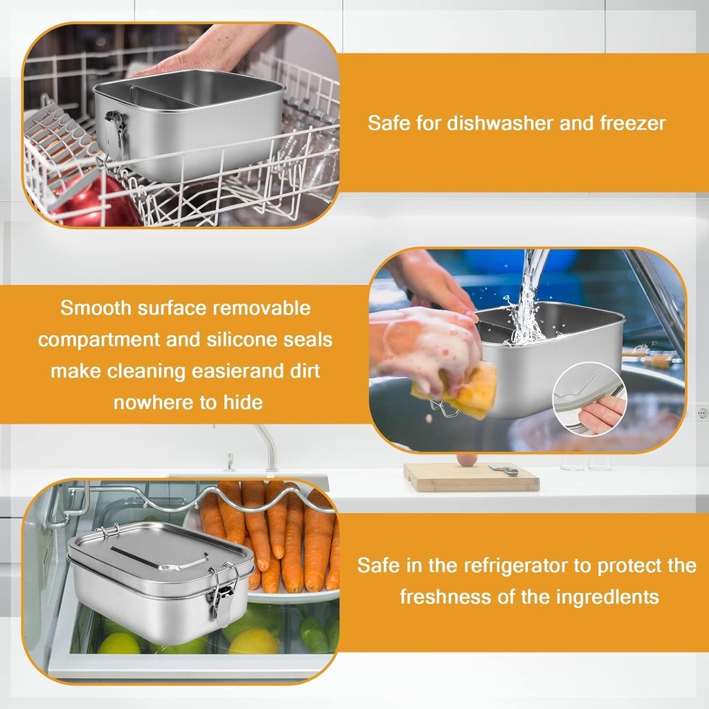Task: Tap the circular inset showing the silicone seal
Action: pyautogui.click(x=589, y=400)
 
